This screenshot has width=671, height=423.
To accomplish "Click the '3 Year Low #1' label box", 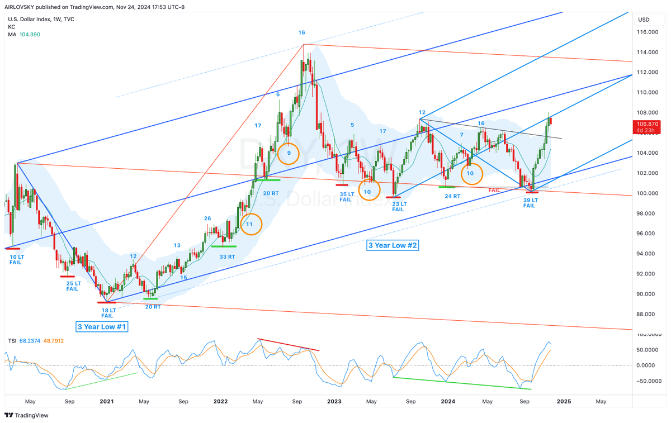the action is (102, 326).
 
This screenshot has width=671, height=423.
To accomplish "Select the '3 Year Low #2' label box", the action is (393, 245).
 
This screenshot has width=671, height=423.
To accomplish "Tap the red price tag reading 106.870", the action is (647, 127).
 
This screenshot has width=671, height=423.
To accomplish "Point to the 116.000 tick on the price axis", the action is (647, 32).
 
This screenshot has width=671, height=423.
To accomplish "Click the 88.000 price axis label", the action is (647, 314).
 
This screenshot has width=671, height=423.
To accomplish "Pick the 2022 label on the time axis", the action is (220, 401).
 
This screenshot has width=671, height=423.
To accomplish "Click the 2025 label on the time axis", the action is (564, 401).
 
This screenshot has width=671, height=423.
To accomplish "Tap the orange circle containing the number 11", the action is (251, 214).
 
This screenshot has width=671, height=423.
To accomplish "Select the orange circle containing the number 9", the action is (288, 144).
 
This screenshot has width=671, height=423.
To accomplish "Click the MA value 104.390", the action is (30, 35).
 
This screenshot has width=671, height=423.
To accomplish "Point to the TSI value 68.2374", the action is (30, 341).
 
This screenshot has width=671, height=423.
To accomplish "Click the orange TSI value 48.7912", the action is (54, 341).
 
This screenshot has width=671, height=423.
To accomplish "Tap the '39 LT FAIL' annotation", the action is (530, 203).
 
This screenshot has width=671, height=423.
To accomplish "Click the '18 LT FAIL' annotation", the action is (108, 313).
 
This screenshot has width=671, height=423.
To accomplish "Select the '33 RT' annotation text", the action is (227, 256).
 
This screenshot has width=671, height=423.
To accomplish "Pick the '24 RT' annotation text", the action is (452, 196).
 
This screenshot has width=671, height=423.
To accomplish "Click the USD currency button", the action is (644, 20).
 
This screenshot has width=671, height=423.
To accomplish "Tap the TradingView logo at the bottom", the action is (26, 415).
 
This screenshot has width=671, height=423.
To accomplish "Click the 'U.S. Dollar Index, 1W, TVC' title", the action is (41, 19).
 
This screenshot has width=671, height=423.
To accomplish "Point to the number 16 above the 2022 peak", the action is (301, 32).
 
